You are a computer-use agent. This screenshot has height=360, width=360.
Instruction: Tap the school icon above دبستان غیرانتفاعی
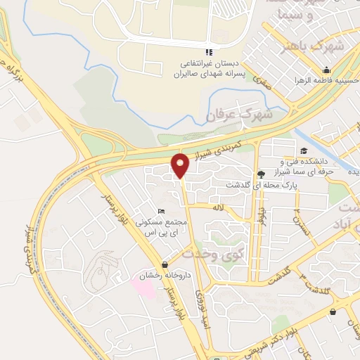(208, 52)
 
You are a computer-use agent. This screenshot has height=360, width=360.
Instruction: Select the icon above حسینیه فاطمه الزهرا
(326, 70)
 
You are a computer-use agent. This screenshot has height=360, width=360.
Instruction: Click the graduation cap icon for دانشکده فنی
(304, 150)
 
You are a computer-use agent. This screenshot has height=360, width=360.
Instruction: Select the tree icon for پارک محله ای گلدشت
(262, 174)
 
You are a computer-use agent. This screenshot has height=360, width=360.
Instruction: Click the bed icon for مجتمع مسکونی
(162, 212)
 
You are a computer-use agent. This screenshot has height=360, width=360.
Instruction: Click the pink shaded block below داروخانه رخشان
(145, 284)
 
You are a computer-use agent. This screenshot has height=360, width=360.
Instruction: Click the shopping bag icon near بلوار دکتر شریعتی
(332, 312)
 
